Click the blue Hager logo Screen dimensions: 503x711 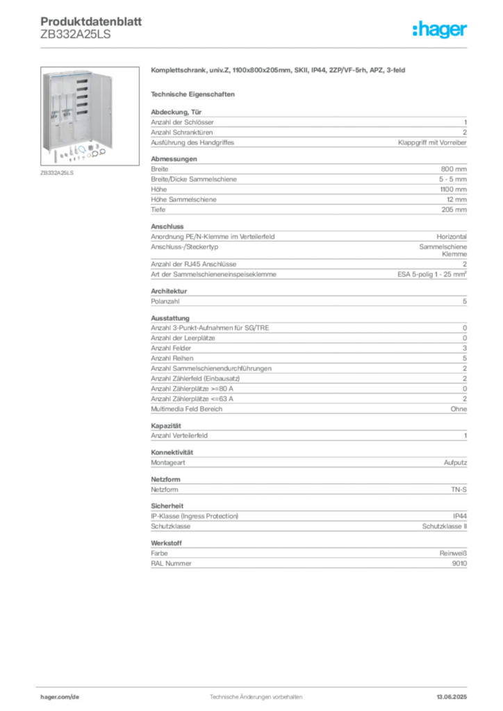coord(440,31)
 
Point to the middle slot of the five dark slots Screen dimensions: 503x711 coord(85,101)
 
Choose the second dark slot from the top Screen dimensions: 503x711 coord(85,92)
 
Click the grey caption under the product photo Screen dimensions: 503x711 coord(58,172)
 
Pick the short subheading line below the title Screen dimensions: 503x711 coord(195,94)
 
